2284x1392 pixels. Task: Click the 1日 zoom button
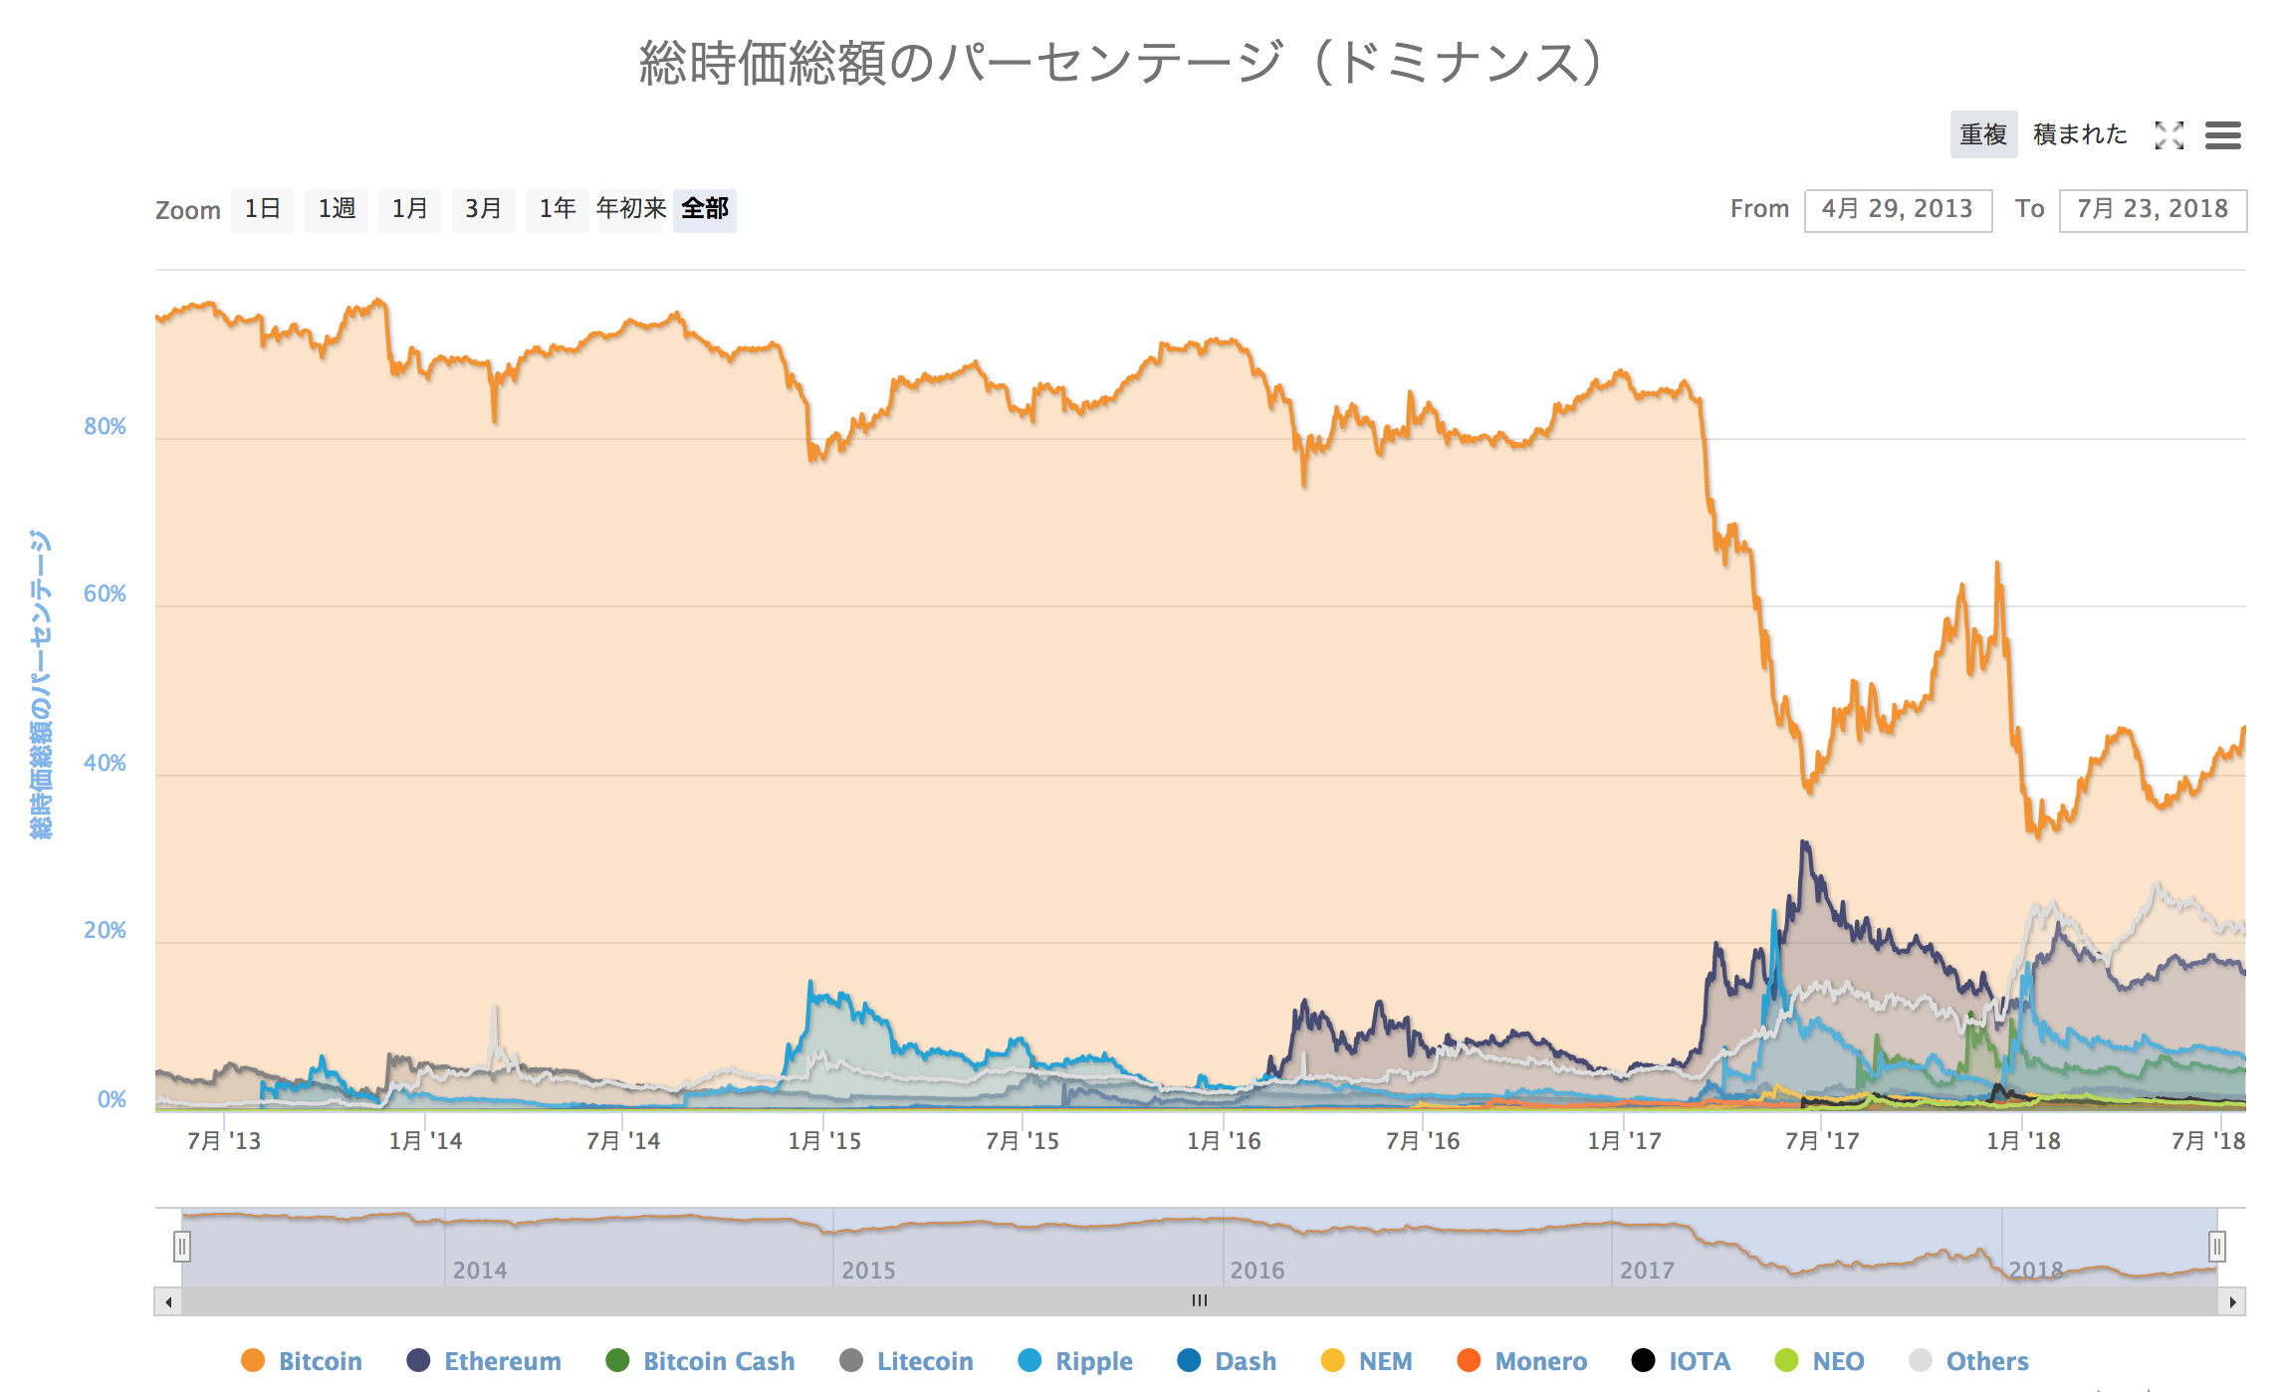click(263, 209)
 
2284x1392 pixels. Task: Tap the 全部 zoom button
click(705, 209)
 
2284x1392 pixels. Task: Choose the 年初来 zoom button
click(631, 209)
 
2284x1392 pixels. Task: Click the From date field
click(1898, 210)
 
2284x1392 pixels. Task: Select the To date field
click(2153, 210)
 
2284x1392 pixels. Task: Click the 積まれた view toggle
click(2080, 134)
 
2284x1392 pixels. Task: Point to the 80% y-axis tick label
click(106, 427)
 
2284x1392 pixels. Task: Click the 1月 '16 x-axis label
click(1224, 1141)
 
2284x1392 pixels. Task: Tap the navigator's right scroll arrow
click(2232, 1301)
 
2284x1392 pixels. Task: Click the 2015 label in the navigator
click(868, 1271)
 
